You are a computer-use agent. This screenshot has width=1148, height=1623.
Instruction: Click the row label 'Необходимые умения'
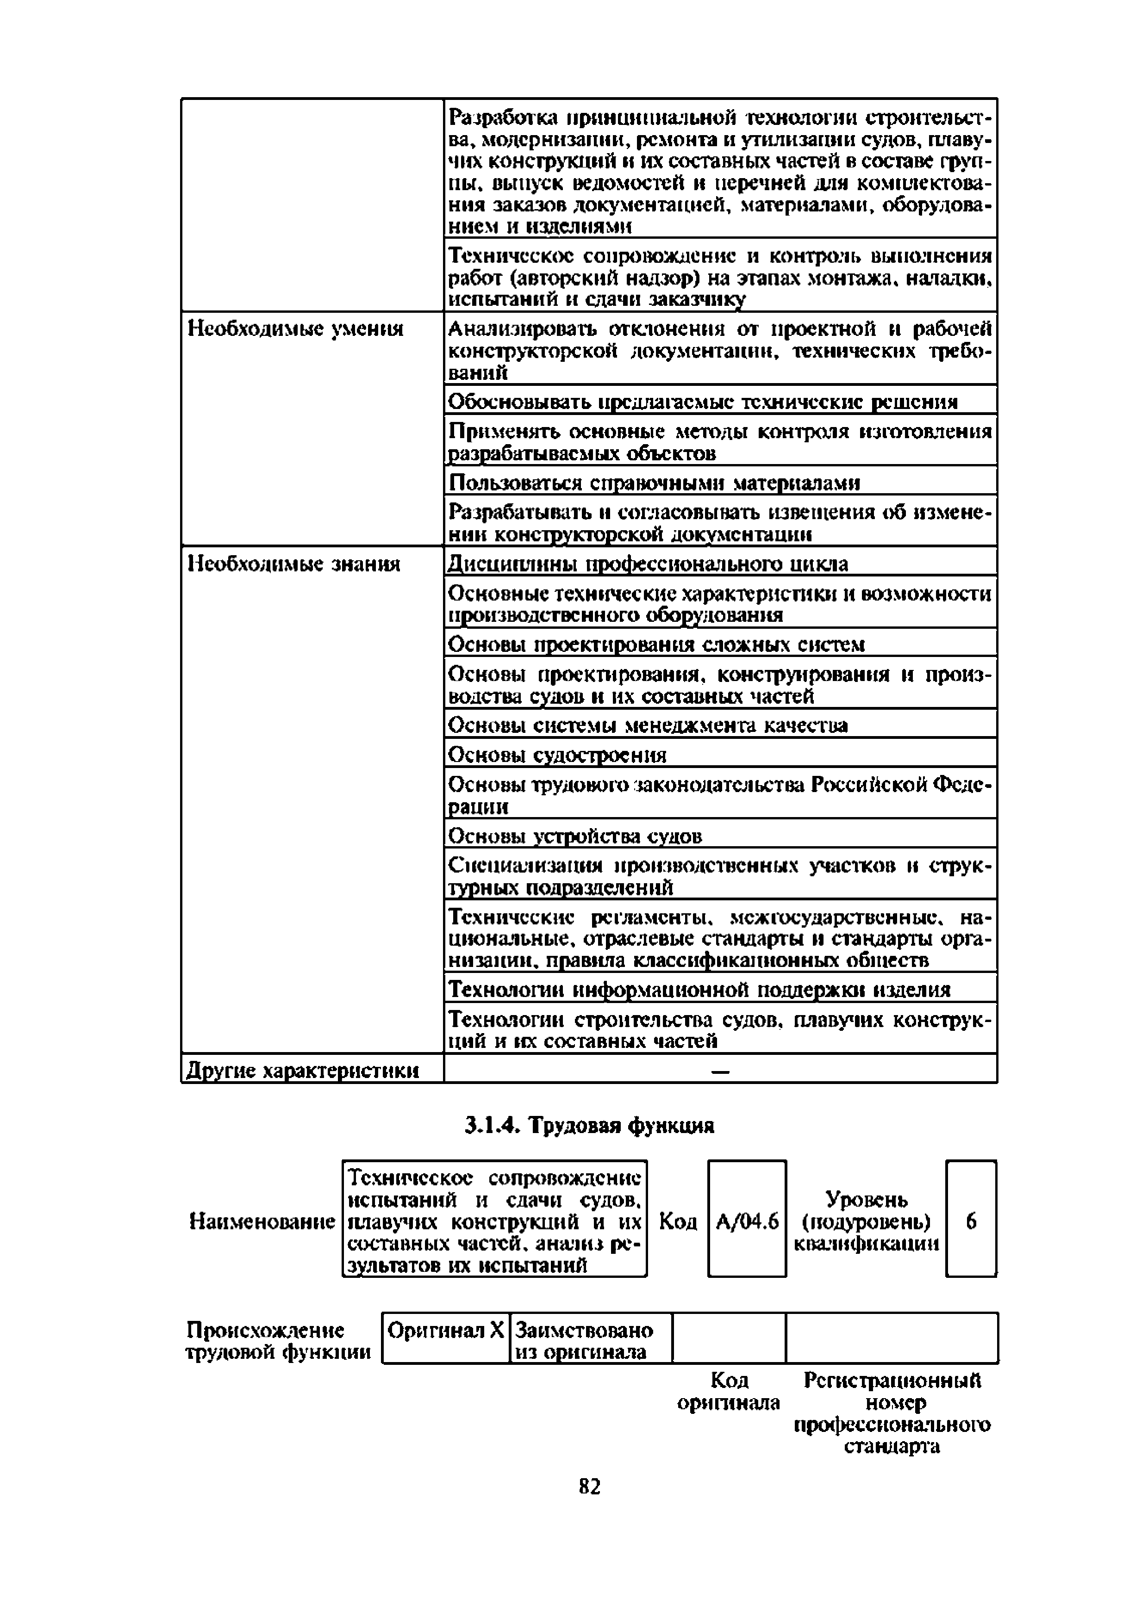[295, 329]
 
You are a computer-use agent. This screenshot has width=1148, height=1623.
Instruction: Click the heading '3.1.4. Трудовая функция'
[589, 1125]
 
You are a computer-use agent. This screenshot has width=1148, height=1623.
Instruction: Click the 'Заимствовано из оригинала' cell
[590, 1340]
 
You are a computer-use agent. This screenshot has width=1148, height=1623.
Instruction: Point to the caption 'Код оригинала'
[729, 1391]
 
